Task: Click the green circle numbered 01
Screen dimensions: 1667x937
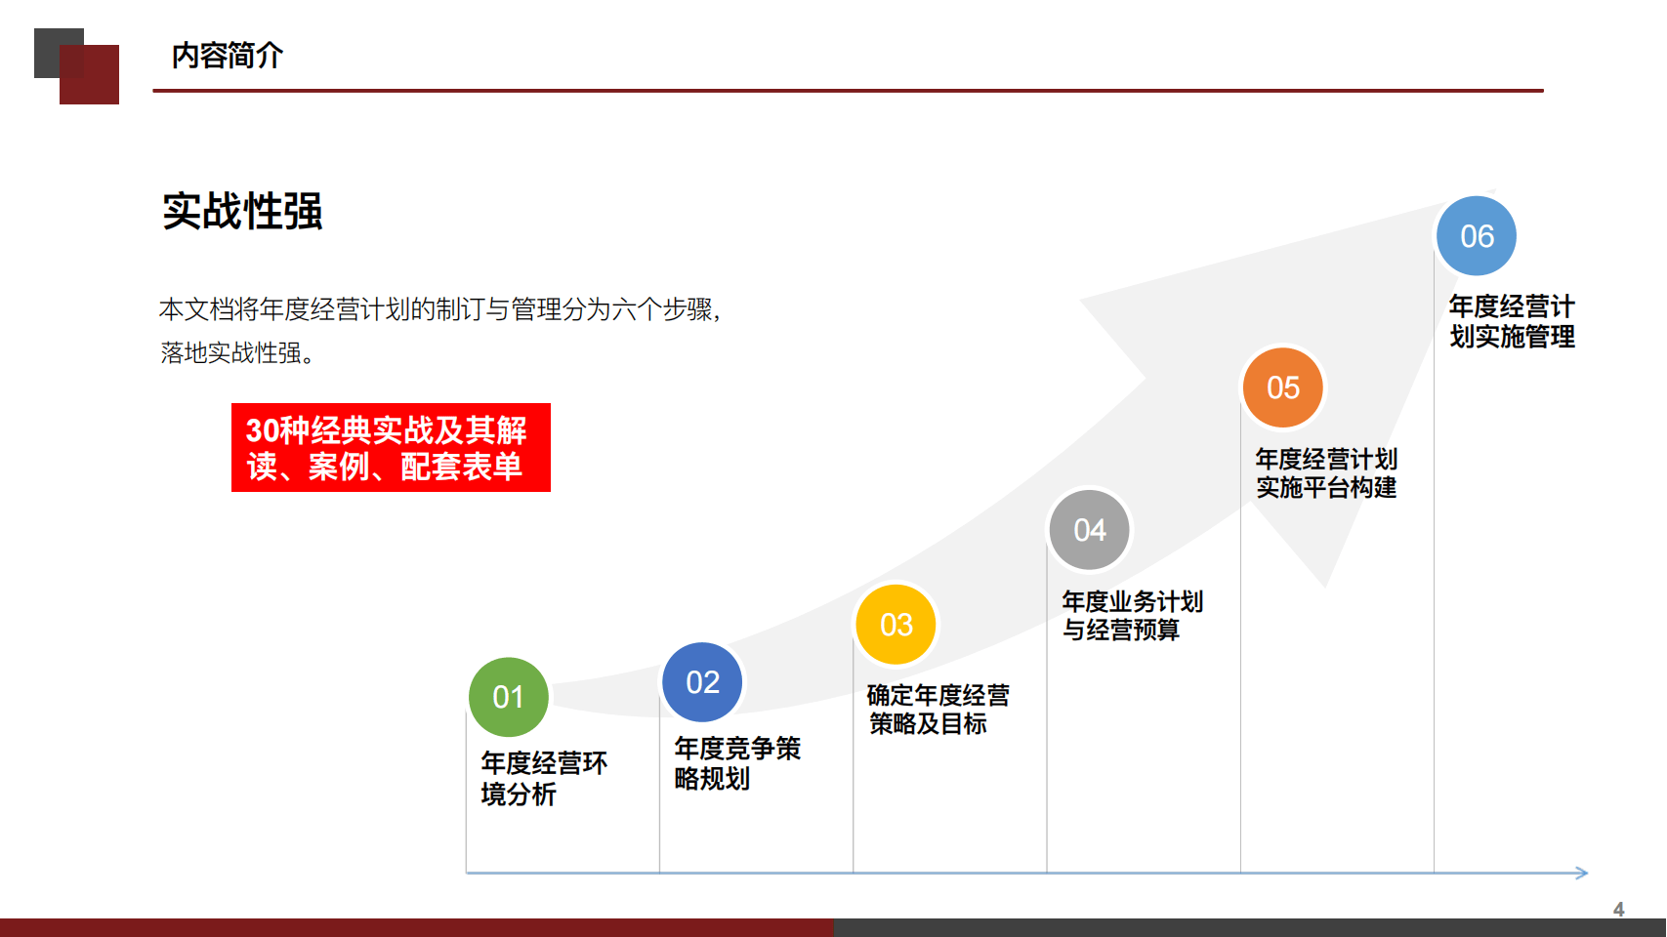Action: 508,697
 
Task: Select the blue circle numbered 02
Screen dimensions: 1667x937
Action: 702,682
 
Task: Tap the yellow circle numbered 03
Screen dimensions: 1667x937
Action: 896,625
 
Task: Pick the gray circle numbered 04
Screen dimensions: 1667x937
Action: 1090,530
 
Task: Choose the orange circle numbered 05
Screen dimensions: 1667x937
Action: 1283,387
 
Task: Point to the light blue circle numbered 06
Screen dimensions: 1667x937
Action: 1477,236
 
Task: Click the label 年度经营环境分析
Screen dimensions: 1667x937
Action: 544,779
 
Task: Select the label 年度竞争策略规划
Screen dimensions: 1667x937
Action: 737,763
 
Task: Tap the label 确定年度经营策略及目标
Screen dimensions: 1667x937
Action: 938,710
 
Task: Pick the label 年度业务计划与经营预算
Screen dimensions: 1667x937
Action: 1133,616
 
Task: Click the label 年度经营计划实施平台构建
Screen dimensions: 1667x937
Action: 1326,473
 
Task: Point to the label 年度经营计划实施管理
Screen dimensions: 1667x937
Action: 1512,321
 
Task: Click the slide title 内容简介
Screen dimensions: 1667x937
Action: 227,56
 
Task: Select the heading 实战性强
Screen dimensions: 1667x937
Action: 242,211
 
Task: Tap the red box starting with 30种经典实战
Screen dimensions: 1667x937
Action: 391,448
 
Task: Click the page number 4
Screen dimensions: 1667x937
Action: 1618,909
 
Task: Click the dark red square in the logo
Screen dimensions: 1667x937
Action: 89,74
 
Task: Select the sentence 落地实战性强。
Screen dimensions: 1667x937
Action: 237,352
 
